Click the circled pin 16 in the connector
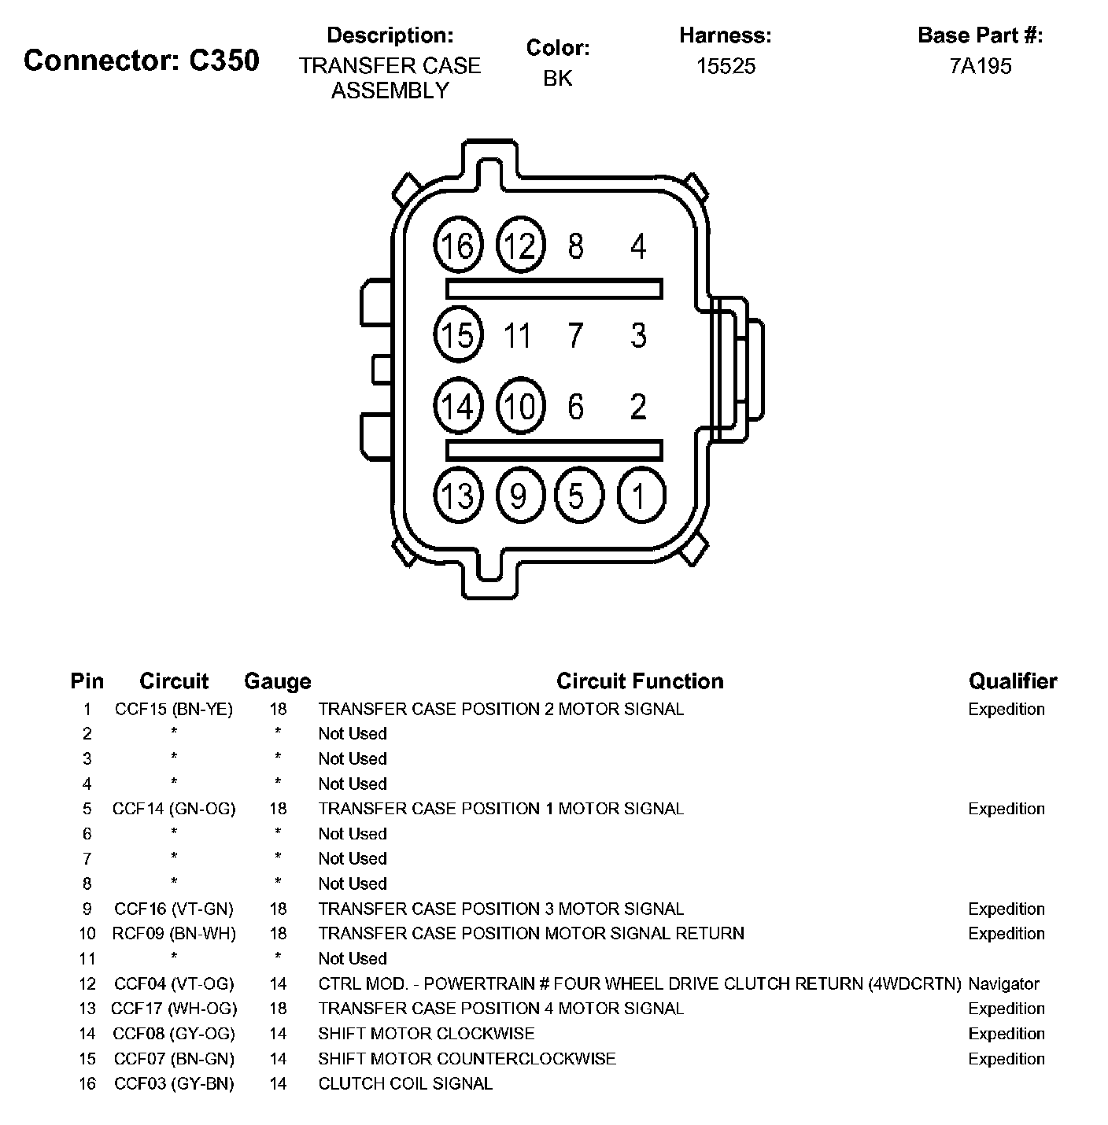458,246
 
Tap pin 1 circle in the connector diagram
641,496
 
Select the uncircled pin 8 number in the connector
576,246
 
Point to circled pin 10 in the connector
520,407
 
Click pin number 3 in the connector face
638,336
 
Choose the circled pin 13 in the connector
458,496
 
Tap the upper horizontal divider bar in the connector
554,289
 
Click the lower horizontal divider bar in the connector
554,450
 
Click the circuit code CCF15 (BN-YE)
174,709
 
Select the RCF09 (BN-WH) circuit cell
174,933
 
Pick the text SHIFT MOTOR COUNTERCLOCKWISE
467,1058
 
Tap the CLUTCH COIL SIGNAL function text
405,1083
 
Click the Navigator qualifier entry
1003,983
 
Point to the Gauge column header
277,681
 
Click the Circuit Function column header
640,681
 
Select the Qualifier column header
1013,681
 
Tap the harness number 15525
726,66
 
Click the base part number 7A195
981,66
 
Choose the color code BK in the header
558,78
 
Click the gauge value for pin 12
278,983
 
